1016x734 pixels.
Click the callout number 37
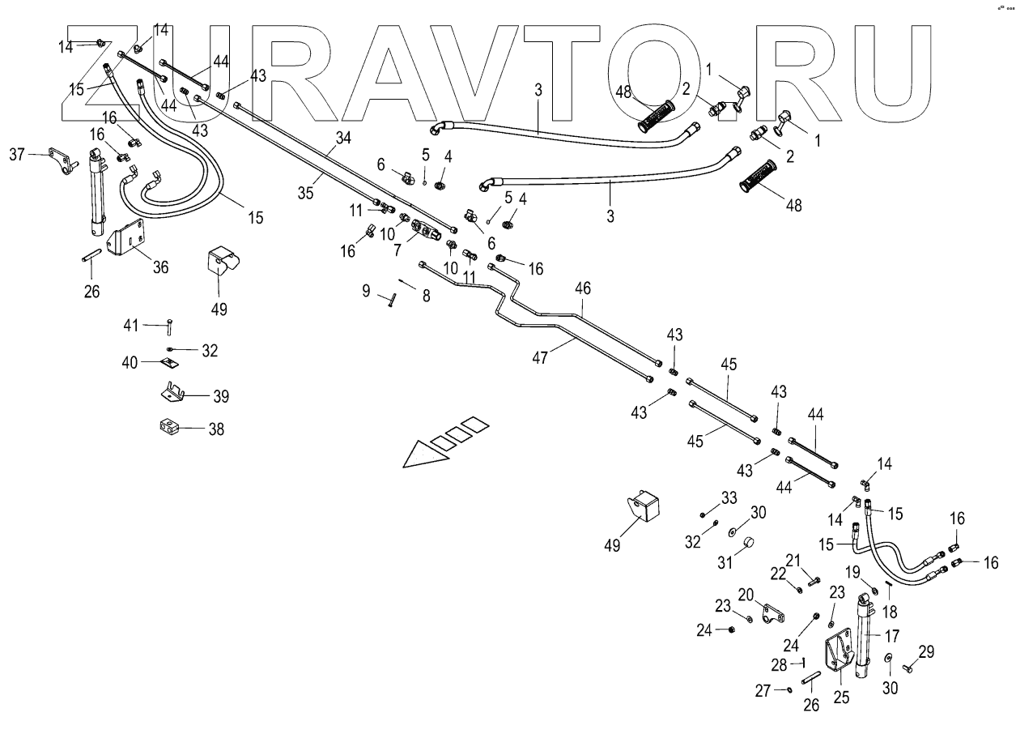click(16, 152)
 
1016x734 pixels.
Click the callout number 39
click(220, 396)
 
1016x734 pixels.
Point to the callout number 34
click(343, 139)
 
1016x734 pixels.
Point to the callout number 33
click(729, 497)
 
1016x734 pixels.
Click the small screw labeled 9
click(391, 301)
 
